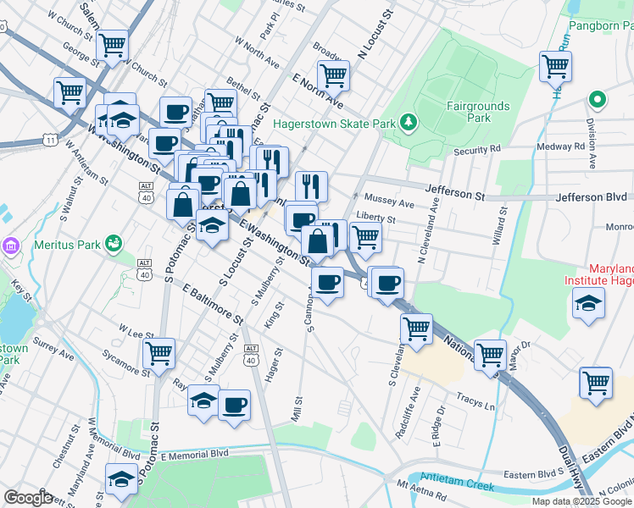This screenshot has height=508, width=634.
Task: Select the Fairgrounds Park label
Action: click(x=479, y=112)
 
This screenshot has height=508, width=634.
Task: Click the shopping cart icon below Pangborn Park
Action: click(x=555, y=66)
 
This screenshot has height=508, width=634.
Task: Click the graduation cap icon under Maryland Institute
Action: click(x=588, y=302)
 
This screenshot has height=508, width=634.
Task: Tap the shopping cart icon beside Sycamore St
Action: click(x=158, y=352)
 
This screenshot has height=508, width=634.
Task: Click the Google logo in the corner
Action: click(x=28, y=498)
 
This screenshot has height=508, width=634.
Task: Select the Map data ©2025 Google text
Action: click(x=581, y=501)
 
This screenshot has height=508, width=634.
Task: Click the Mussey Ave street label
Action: click(x=396, y=204)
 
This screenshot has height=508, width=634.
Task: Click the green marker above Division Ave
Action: click(x=598, y=99)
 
